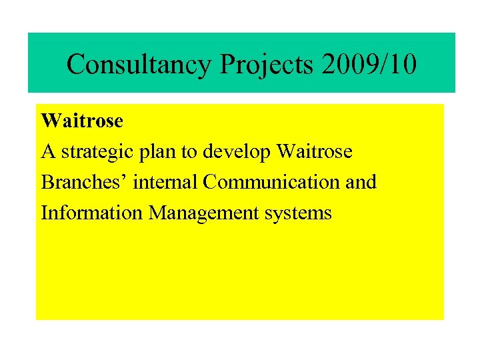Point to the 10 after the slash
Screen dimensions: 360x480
point(404,65)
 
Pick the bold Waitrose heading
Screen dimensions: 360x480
point(82,121)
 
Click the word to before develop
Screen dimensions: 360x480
point(189,152)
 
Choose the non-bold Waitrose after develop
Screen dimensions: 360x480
point(314,152)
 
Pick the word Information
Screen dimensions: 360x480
point(92,213)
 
